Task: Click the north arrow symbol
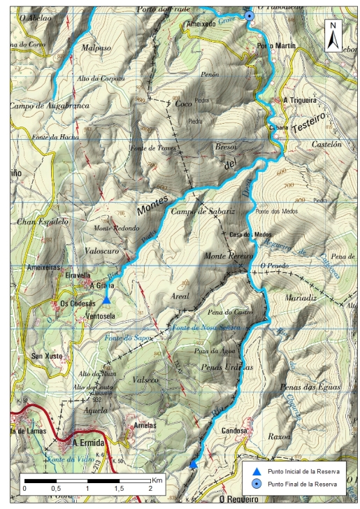333,34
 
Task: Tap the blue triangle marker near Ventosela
106,299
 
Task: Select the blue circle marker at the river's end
249,16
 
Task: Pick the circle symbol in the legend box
256,484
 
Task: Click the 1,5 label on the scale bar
118,489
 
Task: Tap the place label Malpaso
96,50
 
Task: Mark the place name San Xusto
48,357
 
